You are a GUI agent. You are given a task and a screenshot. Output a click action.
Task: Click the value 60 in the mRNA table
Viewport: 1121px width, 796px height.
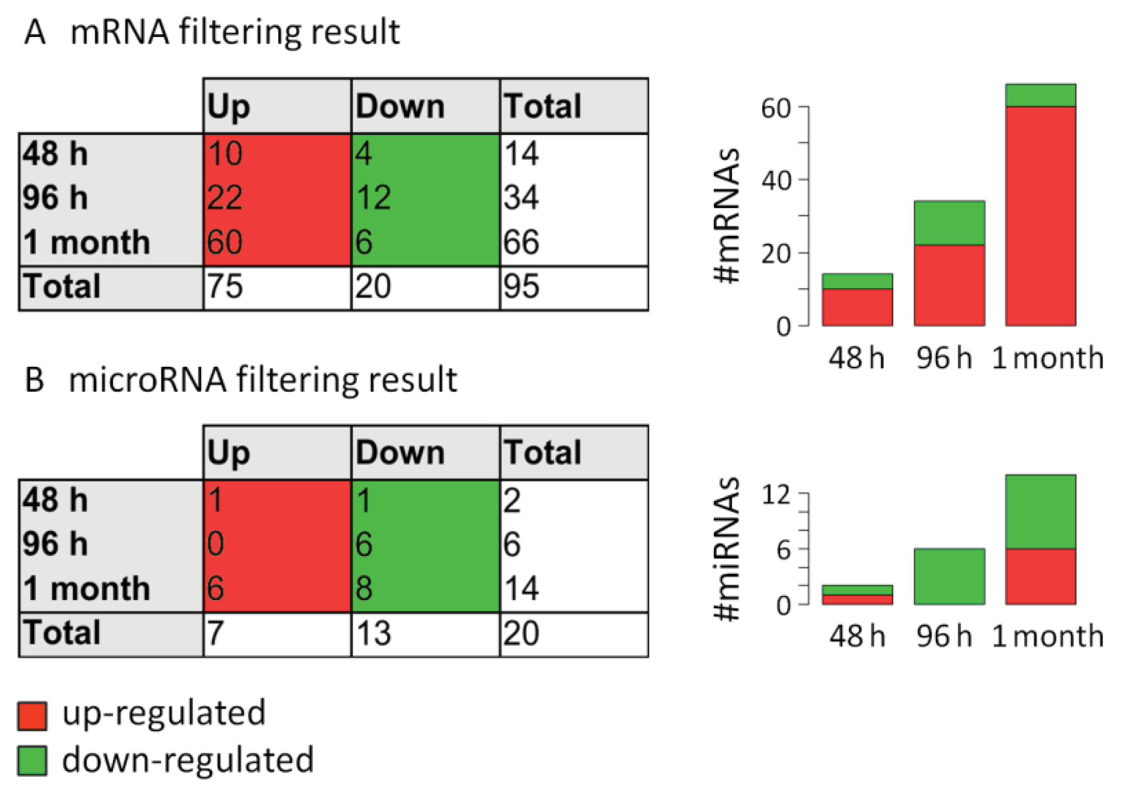(x=225, y=242)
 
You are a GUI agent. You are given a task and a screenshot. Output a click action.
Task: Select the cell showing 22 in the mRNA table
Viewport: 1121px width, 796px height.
(x=225, y=198)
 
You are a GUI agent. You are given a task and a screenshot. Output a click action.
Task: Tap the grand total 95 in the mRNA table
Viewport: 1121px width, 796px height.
(x=521, y=286)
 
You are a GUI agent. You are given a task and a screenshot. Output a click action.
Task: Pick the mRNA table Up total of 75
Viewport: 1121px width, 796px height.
(x=225, y=286)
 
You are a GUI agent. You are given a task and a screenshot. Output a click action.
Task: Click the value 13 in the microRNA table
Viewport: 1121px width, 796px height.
(x=373, y=633)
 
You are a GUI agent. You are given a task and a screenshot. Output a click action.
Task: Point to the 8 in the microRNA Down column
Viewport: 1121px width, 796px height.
(x=364, y=588)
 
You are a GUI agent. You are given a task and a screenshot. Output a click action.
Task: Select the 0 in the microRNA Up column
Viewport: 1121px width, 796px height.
(x=216, y=544)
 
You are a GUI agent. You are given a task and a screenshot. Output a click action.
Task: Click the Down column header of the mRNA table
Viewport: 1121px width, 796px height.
(x=400, y=106)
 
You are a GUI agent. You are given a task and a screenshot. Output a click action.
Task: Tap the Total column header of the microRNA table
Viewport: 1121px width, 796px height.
(x=543, y=453)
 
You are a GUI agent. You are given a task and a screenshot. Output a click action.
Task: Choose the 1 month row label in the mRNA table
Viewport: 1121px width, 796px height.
(x=86, y=242)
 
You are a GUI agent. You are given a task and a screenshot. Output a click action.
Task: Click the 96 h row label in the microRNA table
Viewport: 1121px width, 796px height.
(x=55, y=544)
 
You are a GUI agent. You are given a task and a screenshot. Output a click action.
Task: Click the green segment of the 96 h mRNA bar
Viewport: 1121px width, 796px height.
(x=949, y=223)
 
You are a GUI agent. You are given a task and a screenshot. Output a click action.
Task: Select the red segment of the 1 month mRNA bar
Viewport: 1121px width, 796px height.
(x=1040, y=216)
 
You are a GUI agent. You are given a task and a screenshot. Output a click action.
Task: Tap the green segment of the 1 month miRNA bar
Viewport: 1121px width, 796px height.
(x=1040, y=511)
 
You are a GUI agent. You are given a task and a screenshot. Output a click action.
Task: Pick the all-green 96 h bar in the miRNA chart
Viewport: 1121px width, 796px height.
(x=949, y=576)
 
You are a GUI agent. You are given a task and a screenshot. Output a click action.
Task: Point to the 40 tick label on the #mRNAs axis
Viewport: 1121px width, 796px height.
(x=776, y=180)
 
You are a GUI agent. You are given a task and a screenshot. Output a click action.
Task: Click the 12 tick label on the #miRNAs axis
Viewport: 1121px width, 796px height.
(x=776, y=495)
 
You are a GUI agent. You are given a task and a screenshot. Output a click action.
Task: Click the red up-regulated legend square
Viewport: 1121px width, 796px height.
(x=32, y=716)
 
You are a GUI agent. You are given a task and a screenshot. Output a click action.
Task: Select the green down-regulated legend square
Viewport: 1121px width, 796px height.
(x=32, y=761)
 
